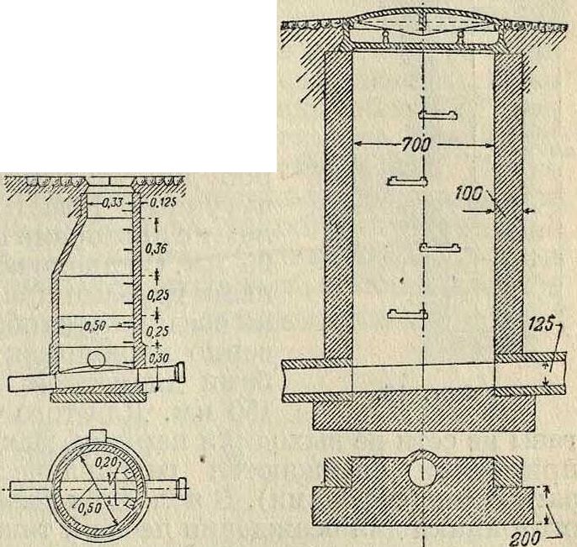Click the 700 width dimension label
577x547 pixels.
point(416,145)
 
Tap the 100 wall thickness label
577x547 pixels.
point(468,193)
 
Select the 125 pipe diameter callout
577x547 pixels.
point(541,325)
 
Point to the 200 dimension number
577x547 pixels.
point(527,538)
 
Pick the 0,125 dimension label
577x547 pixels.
point(161,202)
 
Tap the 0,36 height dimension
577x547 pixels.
point(156,249)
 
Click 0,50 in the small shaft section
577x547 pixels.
point(94,326)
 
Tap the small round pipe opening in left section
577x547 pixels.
point(97,360)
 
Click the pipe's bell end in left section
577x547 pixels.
point(181,372)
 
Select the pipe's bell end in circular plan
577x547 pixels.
point(182,488)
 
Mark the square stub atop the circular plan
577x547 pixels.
point(98,435)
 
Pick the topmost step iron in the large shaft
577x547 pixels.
point(438,114)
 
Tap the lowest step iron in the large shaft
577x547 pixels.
point(408,314)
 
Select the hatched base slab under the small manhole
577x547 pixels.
point(98,397)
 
